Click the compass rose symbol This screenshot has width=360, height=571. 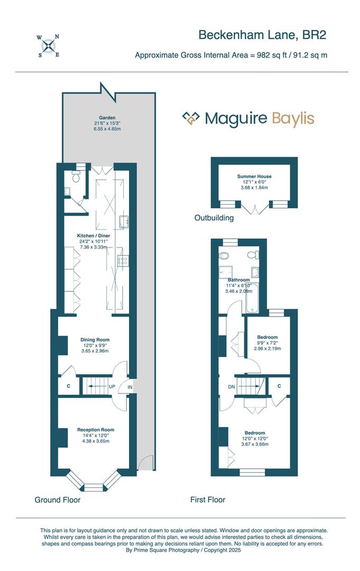coord(48,45)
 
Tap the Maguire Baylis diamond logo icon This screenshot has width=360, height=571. coord(191,118)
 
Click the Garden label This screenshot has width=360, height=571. coord(107,117)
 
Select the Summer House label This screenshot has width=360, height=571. coord(254,176)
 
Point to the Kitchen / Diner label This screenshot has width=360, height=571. coord(94,236)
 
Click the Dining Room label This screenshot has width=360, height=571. coord(95,340)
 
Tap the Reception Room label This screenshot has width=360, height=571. coord(96,430)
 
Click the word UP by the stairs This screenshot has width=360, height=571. coord(112,386)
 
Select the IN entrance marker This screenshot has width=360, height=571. coord(130,387)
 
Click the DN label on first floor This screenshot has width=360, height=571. coord(232,386)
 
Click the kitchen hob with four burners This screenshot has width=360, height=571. coord(123,260)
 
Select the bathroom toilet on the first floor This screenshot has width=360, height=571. coord(225,256)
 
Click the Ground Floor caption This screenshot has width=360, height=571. coord(58,500)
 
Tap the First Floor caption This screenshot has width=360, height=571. coord(208,500)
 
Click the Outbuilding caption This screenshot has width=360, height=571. coord(214,218)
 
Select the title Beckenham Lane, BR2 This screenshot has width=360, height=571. coord(262,35)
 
